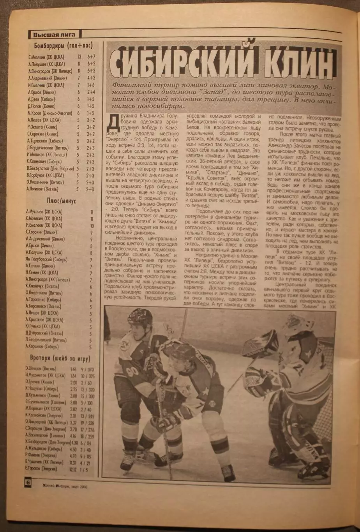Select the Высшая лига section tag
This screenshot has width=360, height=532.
55,35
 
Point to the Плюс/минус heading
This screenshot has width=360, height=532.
61,201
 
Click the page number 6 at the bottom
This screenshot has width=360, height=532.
28,482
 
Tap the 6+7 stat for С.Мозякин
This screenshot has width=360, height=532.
91,57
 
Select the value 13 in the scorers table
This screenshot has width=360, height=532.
79,57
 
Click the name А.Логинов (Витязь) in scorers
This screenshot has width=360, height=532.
43,189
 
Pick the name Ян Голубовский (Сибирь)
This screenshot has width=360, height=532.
47,259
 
